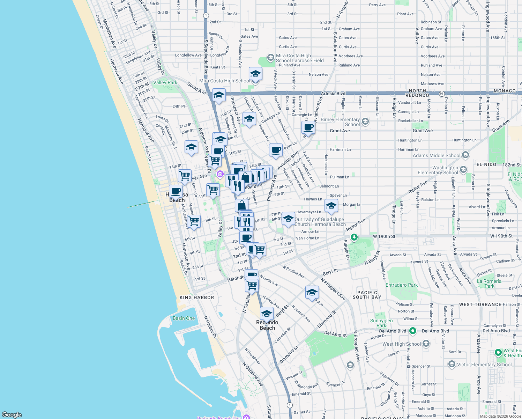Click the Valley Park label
click(165, 83)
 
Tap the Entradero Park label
click(401, 285)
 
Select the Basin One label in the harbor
click(184, 318)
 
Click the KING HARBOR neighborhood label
click(197, 298)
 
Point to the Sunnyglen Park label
click(381, 323)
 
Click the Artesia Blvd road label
click(333, 94)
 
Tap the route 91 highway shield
click(442, 94)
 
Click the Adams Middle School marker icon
click(465, 155)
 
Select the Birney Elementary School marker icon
click(365, 122)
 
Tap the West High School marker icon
click(426, 344)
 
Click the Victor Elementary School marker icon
click(452, 365)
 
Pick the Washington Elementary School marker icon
click(463, 170)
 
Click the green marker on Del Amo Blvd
click(413, 330)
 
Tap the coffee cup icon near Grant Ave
click(308, 128)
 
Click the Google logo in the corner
click(12, 415)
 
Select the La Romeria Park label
click(489, 284)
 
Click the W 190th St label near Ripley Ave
click(384, 236)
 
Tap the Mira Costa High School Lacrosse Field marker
click(270, 57)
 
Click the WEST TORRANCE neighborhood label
click(480, 304)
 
